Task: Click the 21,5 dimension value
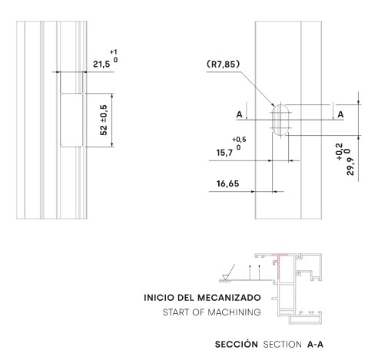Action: [x=101, y=64]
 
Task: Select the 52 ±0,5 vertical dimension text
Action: [x=104, y=120]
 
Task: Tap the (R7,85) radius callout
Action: [x=224, y=64]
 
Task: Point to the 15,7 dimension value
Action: [x=224, y=153]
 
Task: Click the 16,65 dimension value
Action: [x=227, y=183]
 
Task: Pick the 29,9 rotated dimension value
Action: [x=350, y=167]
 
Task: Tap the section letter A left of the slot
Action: [x=239, y=114]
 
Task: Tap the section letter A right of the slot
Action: [x=340, y=114]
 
